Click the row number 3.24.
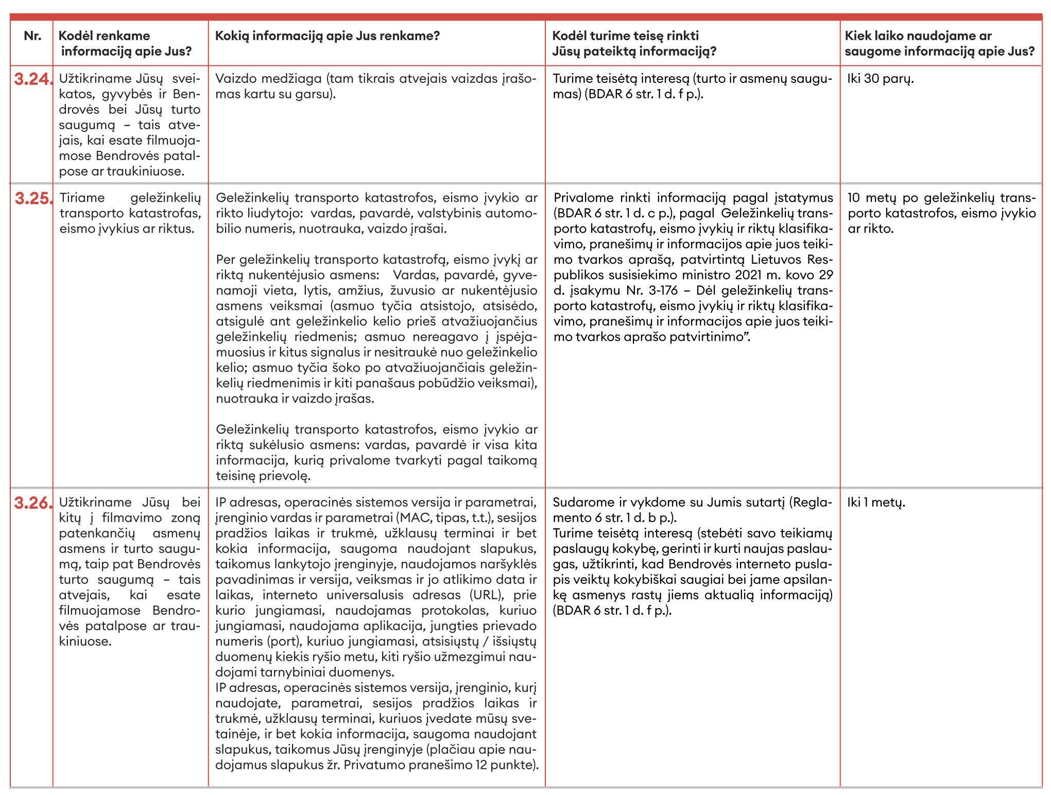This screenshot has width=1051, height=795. click(33, 79)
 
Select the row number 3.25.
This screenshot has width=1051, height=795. click(33, 198)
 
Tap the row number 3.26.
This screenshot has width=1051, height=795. click(33, 503)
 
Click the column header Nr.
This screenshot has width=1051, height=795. click(32, 36)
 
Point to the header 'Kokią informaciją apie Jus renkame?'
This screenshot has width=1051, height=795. click(327, 36)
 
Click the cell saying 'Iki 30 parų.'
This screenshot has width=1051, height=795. click(880, 79)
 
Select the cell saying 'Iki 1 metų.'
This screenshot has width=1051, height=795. click(876, 502)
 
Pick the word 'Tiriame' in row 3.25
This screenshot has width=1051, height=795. click(82, 198)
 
